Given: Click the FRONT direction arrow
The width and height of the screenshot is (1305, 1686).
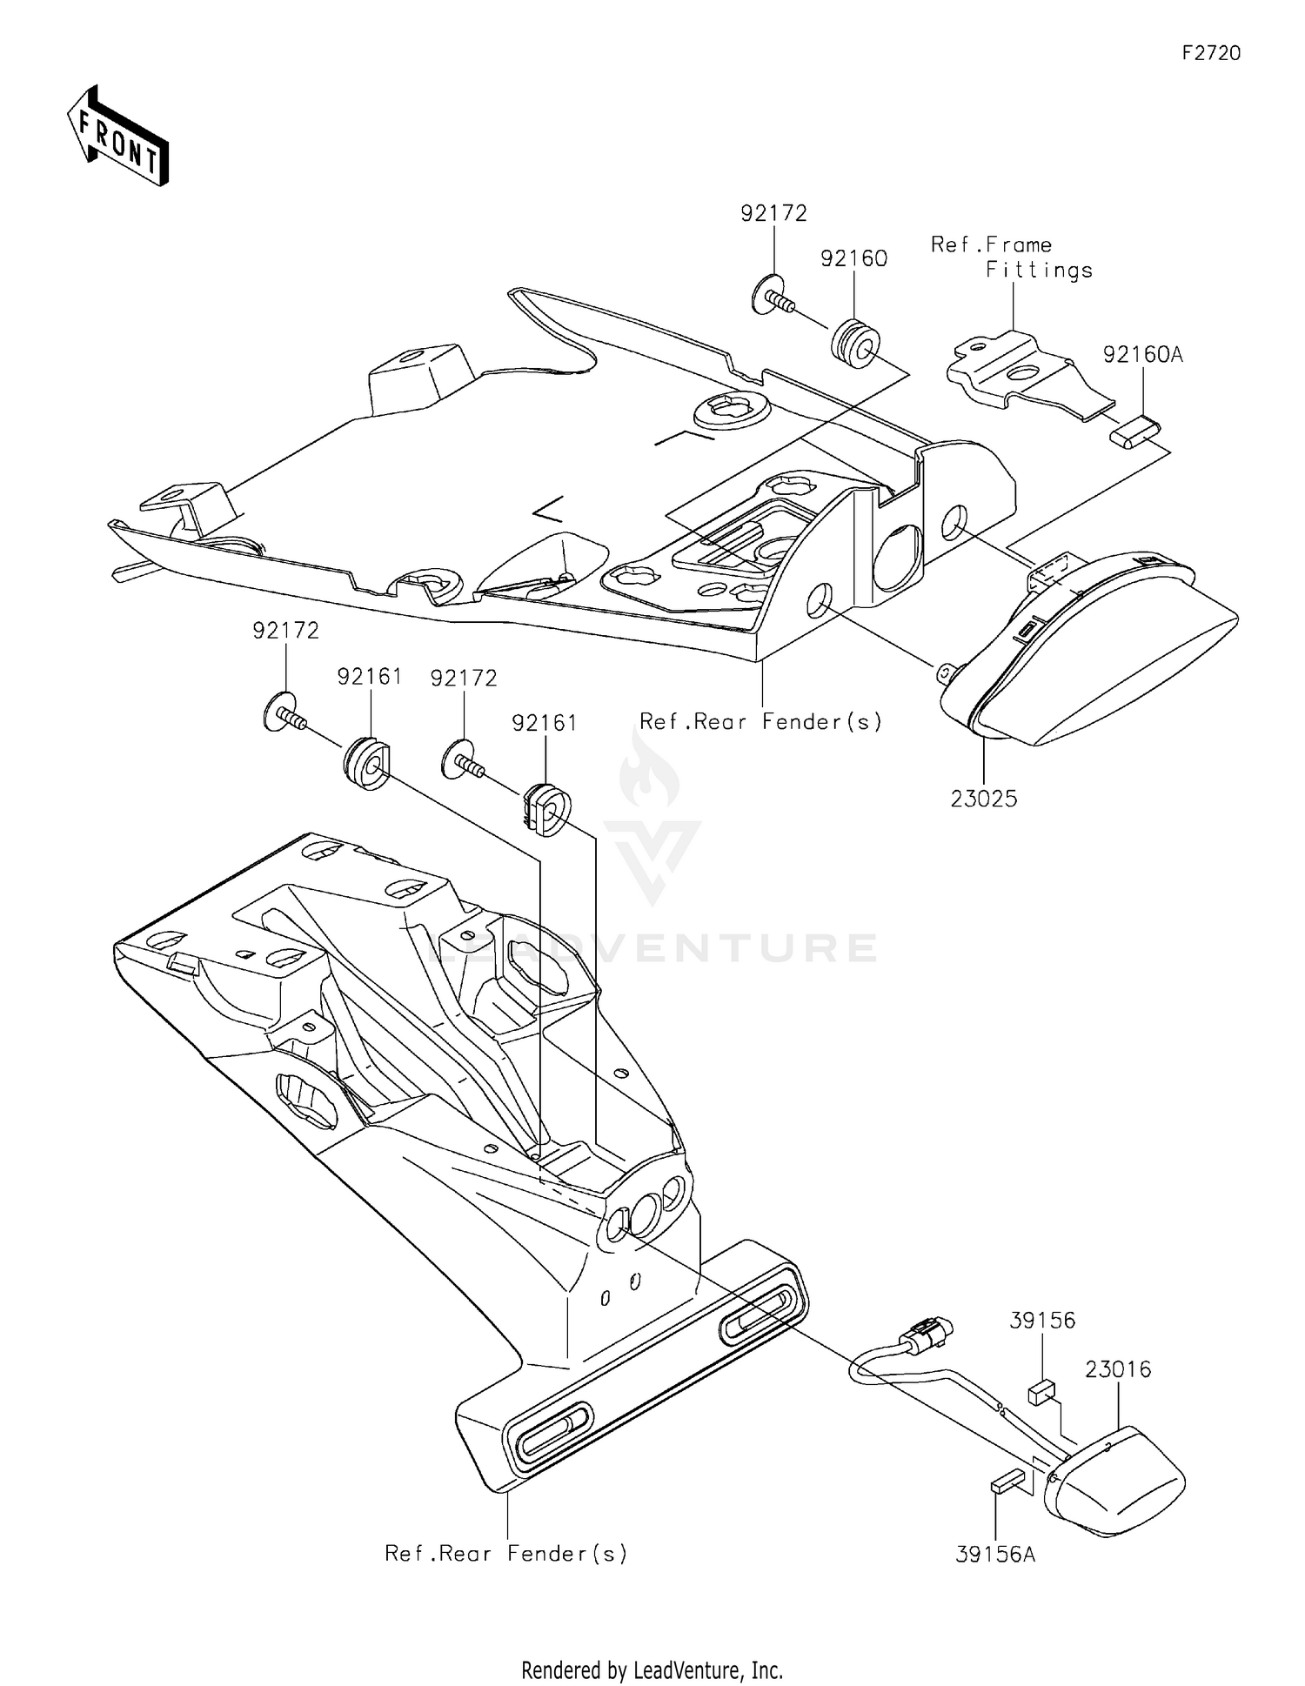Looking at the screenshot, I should pyautogui.click(x=117, y=137).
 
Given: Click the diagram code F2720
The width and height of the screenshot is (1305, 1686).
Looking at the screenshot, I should pyautogui.click(x=1211, y=53).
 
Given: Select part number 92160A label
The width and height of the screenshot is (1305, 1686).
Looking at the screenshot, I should pyautogui.click(x=1143, y=355).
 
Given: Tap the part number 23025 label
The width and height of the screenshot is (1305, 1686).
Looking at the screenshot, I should pyautogui.click(x=983, y=799).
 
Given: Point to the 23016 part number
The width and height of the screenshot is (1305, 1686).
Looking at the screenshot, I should pyautogui.click(x=1118, y=1369).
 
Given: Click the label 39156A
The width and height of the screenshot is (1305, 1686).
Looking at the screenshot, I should pyautogui.click(x=995, y=1554).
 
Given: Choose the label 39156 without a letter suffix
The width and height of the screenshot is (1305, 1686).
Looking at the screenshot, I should pyautogui.click(x=1042, y=1321).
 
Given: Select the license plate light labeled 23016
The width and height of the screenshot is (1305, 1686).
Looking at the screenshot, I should pyautogui.click(x=1118, y=1479).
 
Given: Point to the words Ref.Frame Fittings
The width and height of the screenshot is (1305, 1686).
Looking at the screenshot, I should pyautogui.click(x=1011, y=258).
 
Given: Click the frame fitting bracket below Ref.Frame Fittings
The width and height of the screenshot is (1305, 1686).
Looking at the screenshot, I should pyautogui.click(x=1018, y=373).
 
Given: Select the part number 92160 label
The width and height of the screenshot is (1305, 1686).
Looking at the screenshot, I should pyautogui.click(x=853, y=258).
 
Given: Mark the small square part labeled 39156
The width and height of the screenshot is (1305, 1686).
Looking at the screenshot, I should pyautogui.click(x=1041, y=1393).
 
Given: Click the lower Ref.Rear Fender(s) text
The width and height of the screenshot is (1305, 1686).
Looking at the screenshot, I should pyautogui.click(x=505, y=1554).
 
